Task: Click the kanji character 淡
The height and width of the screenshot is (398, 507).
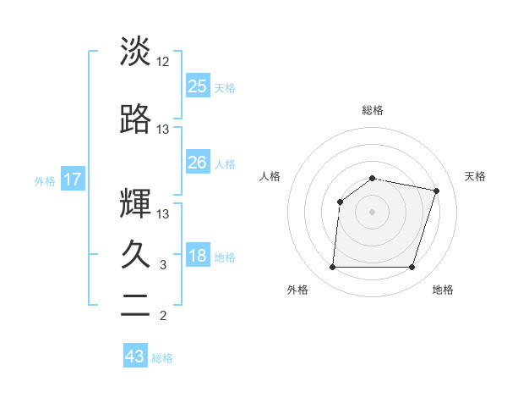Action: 135,52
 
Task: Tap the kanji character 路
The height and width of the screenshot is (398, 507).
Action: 135,119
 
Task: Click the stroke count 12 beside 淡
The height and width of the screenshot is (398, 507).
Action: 163,62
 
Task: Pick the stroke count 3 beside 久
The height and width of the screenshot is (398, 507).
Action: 163,265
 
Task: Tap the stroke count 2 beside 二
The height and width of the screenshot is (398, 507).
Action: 163,317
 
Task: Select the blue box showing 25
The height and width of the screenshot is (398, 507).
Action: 198,86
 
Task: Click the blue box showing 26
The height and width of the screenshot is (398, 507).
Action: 198,162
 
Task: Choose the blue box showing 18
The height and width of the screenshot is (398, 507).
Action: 198,257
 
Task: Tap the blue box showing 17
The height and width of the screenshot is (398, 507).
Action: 73,180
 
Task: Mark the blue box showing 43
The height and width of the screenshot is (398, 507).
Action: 135,357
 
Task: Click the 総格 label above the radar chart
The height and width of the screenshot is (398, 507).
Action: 372,110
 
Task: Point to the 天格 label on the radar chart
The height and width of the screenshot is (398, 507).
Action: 476,176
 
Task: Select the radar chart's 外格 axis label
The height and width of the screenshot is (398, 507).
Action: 297,290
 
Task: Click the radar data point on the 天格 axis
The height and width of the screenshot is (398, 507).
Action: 436,191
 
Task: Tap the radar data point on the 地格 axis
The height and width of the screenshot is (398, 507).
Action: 412,268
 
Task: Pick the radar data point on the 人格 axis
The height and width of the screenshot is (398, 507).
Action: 341,202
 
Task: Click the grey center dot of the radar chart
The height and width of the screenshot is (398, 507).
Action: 372,212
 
